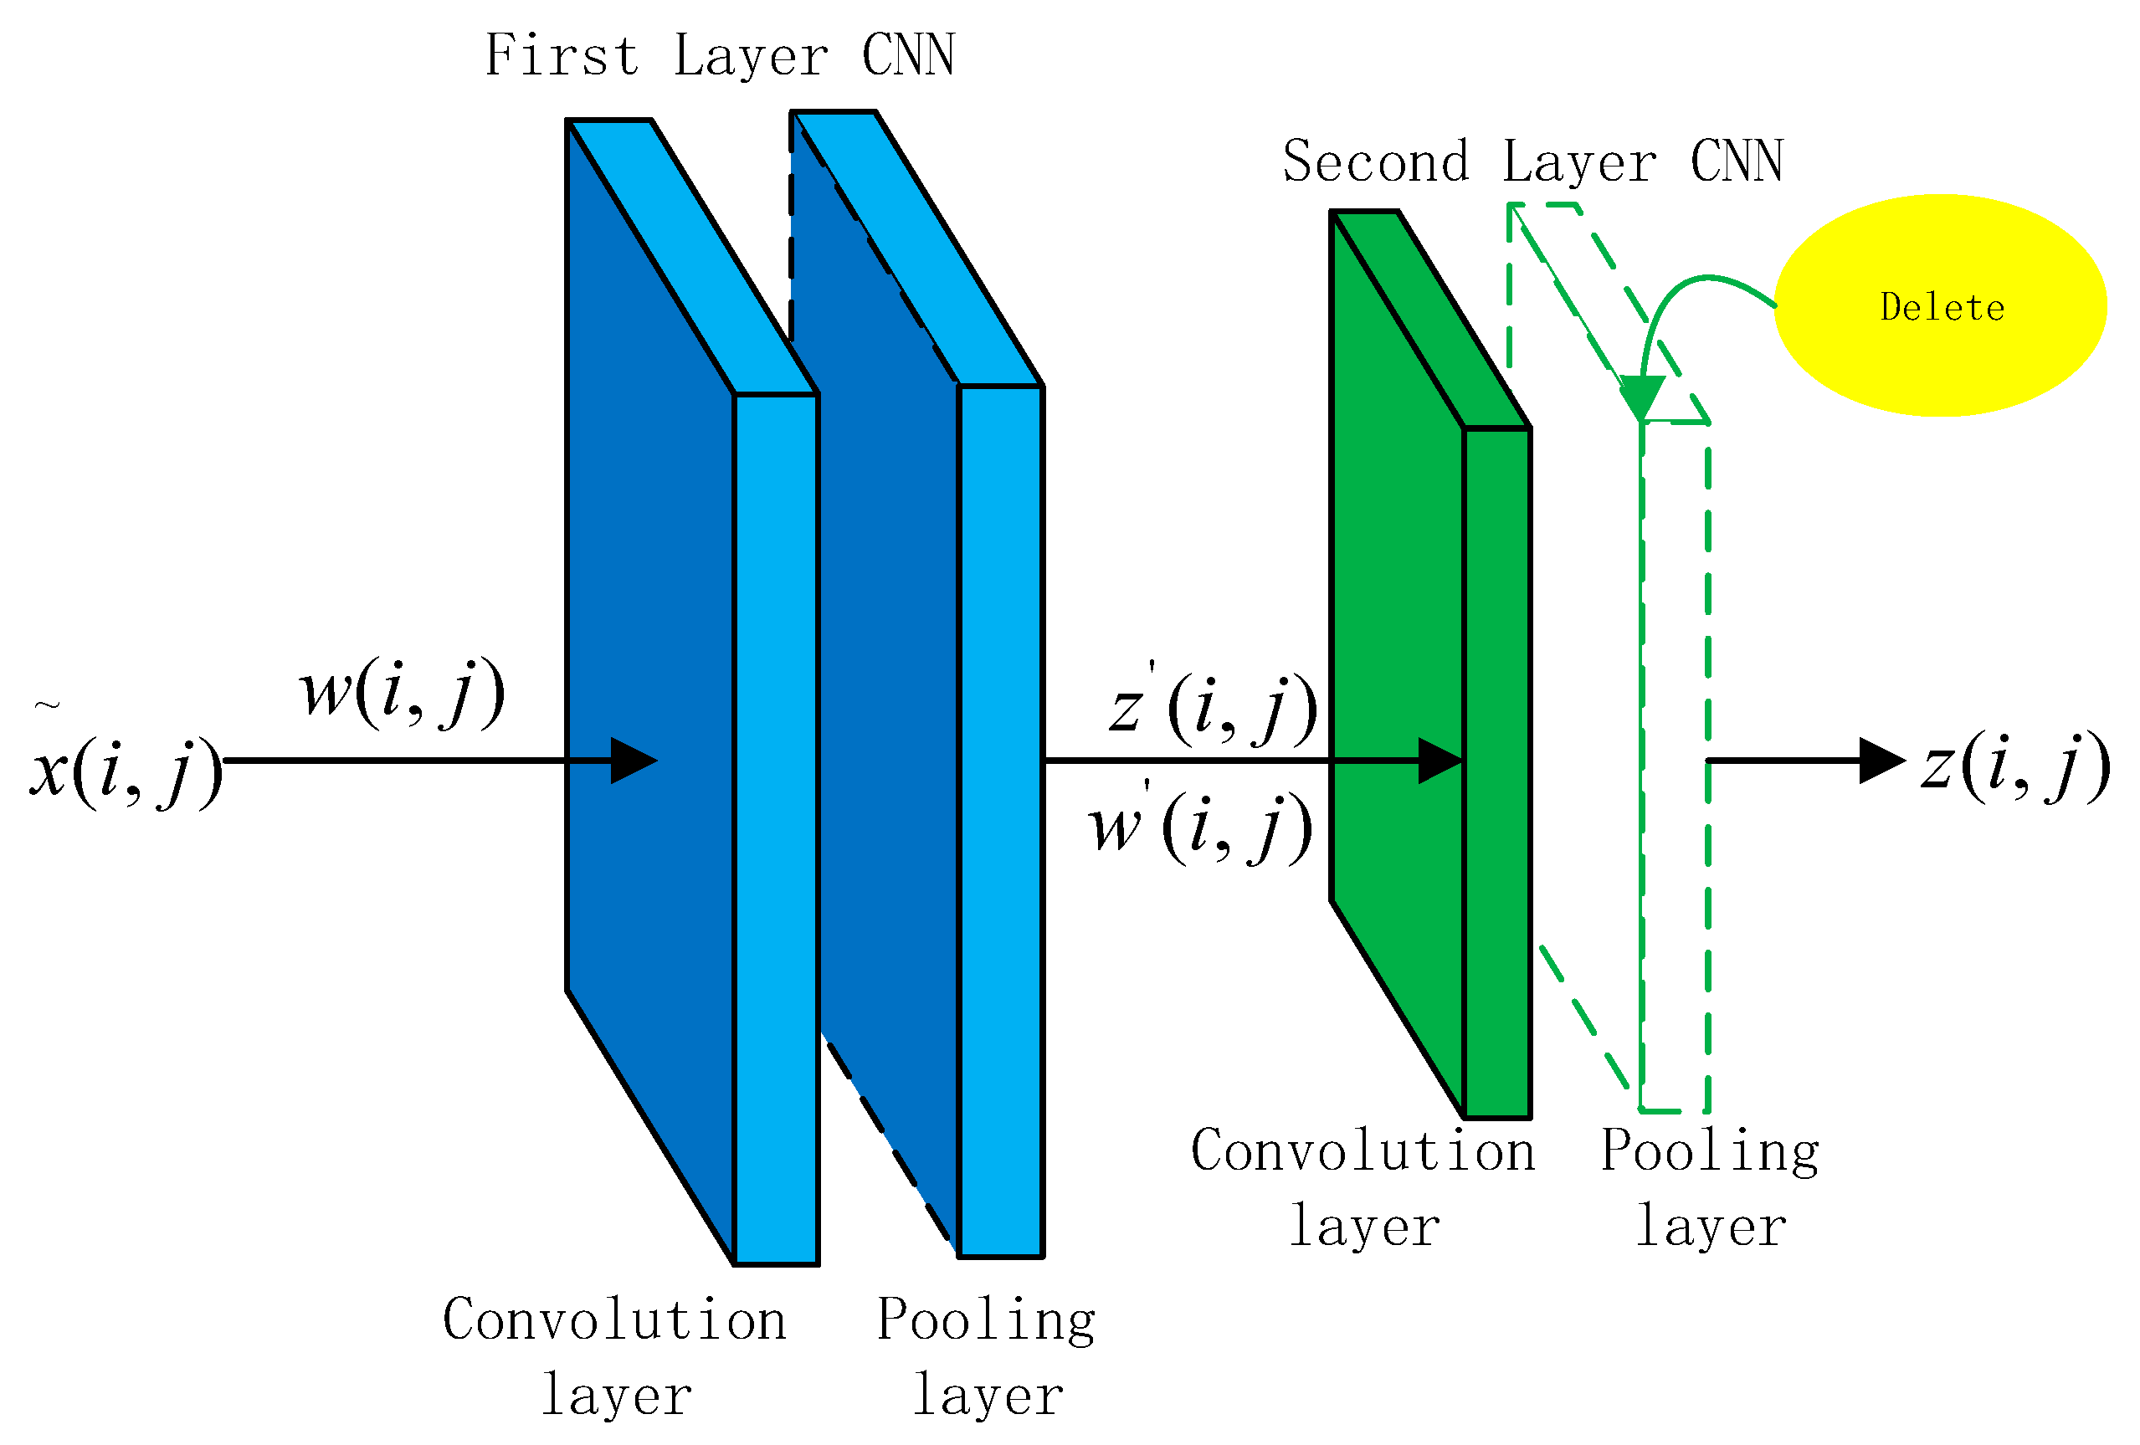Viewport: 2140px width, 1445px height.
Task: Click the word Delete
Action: tap(1941, 307)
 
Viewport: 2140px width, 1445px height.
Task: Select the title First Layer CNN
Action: tap(719, 55)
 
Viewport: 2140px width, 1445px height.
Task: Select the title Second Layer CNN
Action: tap(1532, 162)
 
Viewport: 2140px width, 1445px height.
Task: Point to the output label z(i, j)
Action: tap(2015, 766)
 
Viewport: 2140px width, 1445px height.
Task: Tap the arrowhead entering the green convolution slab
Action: tap(1439, 761)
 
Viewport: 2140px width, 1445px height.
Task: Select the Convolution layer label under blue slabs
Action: tap(615, 1356)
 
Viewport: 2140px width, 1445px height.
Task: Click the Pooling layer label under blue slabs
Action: tap(986, 1356)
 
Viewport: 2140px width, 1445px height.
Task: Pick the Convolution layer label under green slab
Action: tap(1363, 1187)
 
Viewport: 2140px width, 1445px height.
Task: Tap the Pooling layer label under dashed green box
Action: tap(1710, 1187)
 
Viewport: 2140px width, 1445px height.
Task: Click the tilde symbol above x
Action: tap(47, 706)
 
